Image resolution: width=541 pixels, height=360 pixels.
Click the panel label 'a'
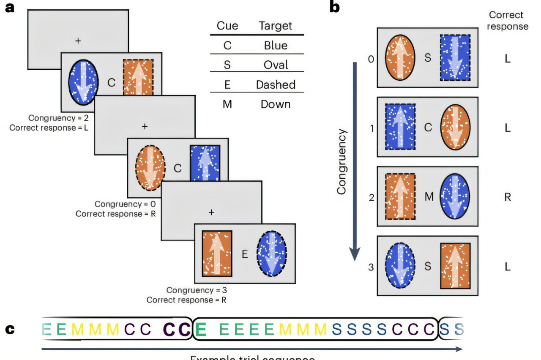(9, 7)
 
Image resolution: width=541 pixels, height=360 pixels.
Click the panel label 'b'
(334, 7)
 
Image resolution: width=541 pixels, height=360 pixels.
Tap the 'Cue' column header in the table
(227, 26)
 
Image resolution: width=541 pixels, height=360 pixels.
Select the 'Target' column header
(275, 26)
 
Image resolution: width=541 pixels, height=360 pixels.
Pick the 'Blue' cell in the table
(275, 45)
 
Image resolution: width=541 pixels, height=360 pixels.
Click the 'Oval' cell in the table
(275, 65)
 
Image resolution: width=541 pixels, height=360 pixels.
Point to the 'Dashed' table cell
(275, 85)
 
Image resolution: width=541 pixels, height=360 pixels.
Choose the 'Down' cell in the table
(275, 104)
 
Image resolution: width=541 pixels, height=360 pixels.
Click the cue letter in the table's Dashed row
(227, 85)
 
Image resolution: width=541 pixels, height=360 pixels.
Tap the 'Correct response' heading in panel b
(508, 21)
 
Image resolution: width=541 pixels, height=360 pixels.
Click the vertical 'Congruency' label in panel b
(342, 161)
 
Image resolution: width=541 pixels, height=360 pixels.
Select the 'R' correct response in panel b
(508, 197)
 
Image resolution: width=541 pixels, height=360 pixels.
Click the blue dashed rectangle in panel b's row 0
(455, 58)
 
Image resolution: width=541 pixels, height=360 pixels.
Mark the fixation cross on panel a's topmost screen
(77, 41)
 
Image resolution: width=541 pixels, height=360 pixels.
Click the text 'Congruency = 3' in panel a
(194, 290)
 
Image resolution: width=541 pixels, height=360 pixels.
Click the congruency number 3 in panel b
(371, 267)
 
